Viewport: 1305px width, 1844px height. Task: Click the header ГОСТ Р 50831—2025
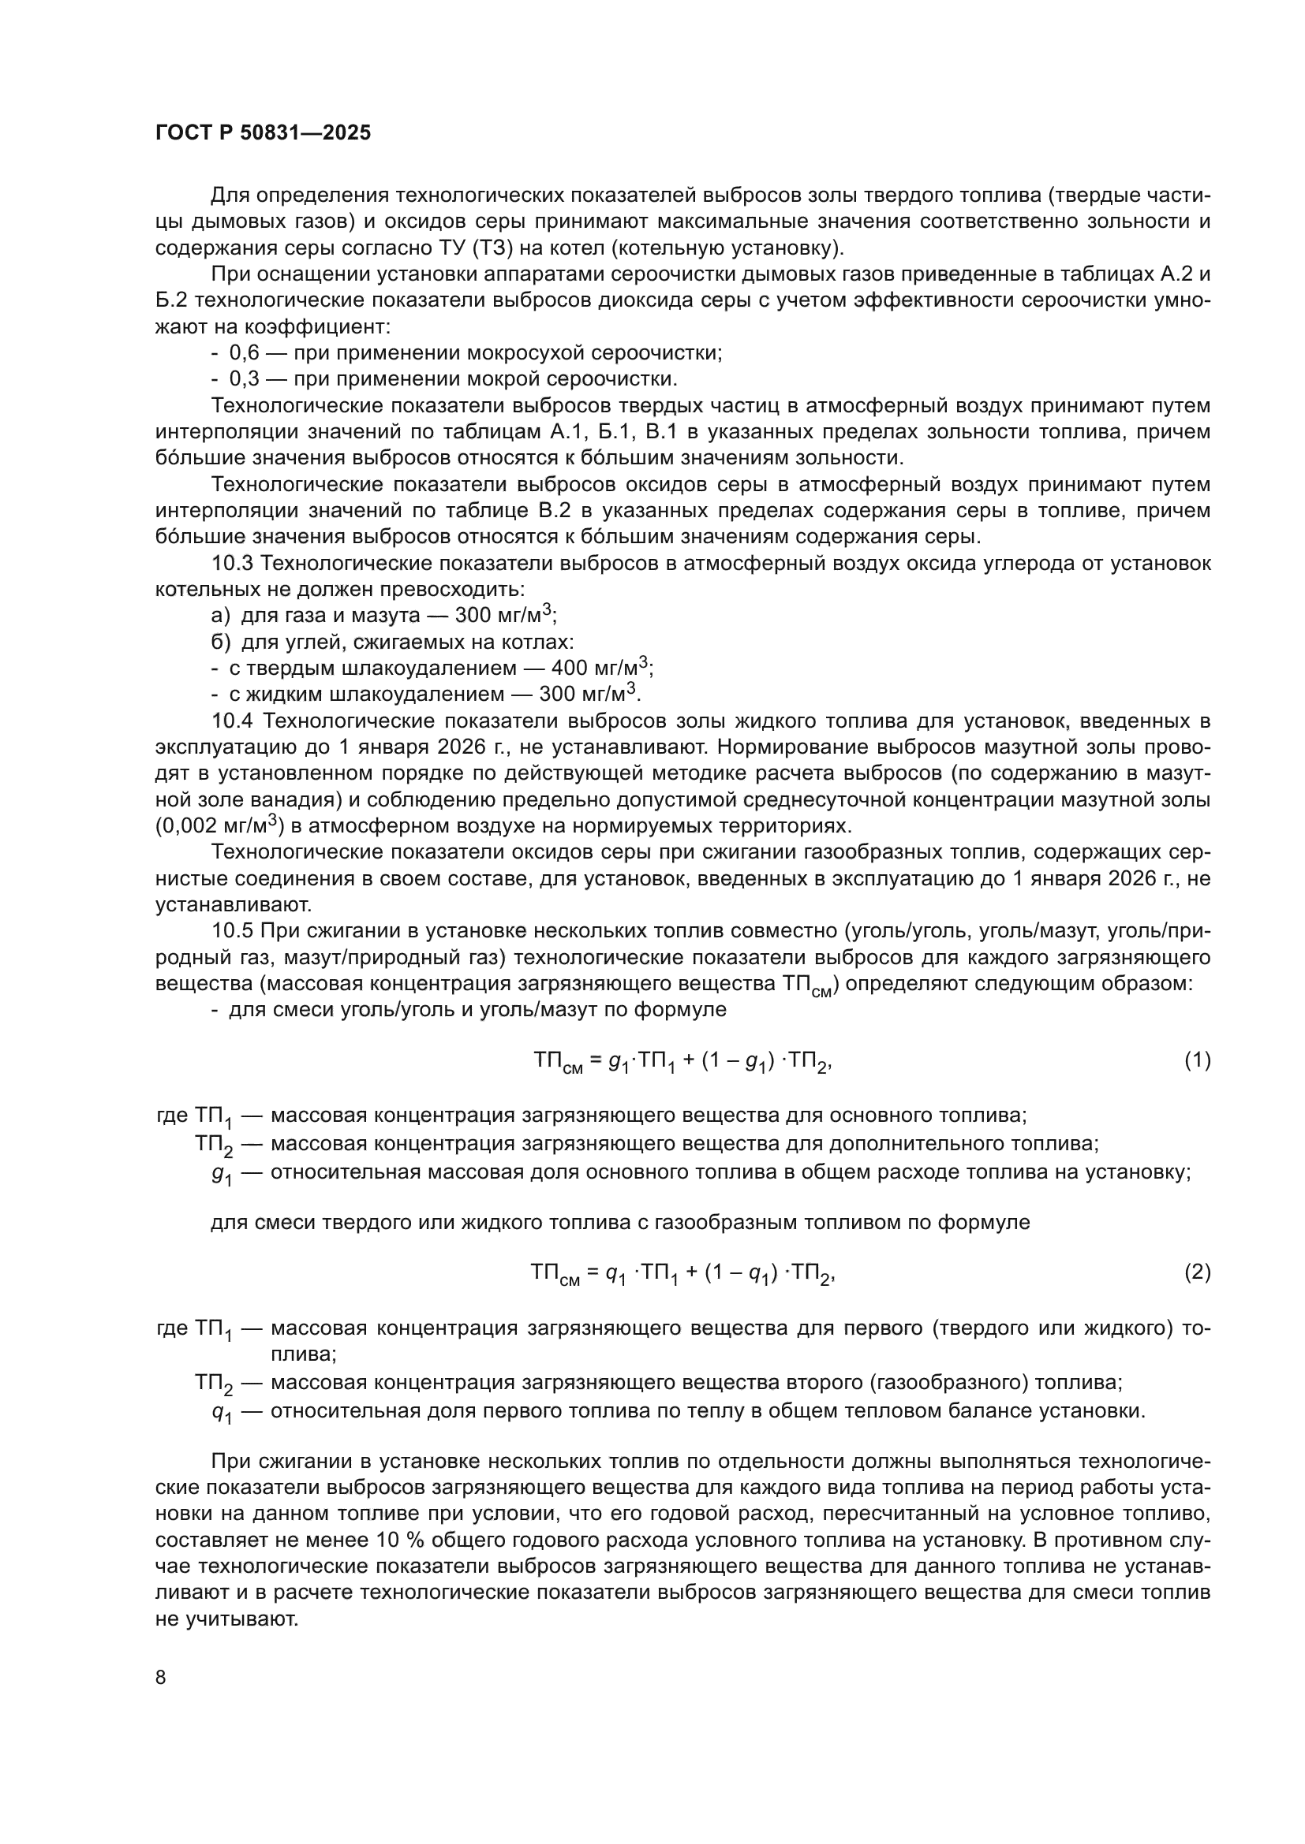pyautogui.click(x=263, y=133)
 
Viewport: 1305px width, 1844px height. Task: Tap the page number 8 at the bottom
pyautogui.click(x=161, y=1677)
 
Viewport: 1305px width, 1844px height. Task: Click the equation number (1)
pyautogui.click(x=1197, y=1060)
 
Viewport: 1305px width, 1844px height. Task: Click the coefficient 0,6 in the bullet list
pyautogui.click(x=245, y=352)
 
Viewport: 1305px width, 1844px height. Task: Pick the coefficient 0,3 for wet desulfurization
pyautogui.click(x=245, y=378)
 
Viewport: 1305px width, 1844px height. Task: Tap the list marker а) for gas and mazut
pyautogui.click(x=220, y=616)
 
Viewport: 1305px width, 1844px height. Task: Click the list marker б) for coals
pyautogui.click(x=220, y=643)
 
